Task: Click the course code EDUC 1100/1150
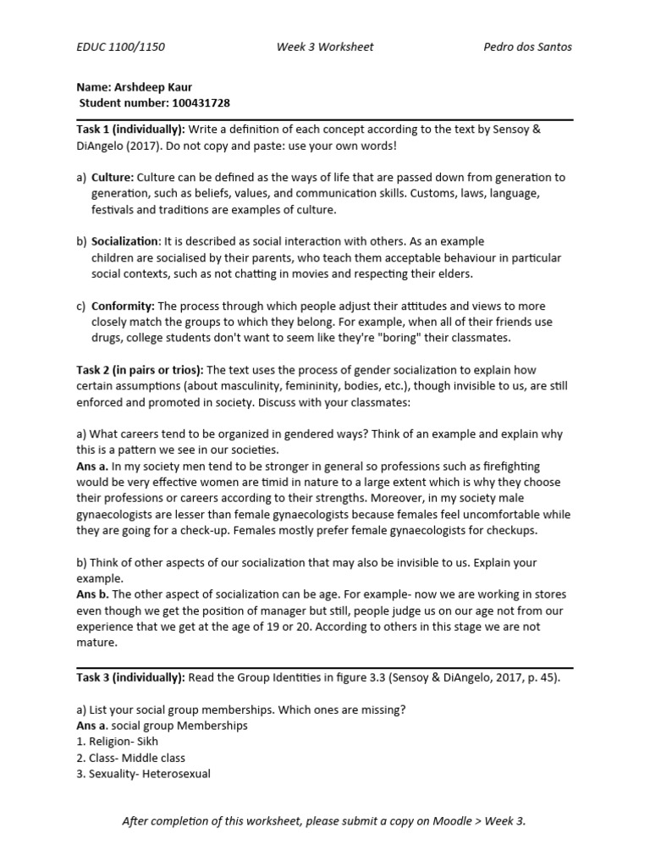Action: tap(121, 47)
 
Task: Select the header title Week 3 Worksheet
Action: tap(324, 47)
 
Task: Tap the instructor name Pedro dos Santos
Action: tap(527, 47)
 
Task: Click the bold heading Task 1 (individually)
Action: tap(131, 129)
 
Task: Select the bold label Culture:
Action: tap(113, 178)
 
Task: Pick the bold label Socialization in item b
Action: tap(125, 242)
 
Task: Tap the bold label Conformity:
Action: tap(123, 306)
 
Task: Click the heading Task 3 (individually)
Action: tap(131, 677)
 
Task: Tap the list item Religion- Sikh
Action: tap(124, 742)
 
